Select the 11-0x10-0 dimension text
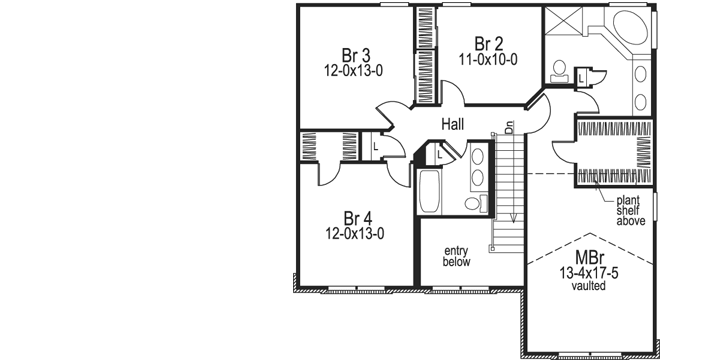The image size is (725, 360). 488,60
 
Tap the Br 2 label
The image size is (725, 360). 488,44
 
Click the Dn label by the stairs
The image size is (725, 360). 508,127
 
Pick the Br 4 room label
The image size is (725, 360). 357,219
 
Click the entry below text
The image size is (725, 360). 456,256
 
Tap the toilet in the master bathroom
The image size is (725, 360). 560,72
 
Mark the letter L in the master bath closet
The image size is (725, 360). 582,74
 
